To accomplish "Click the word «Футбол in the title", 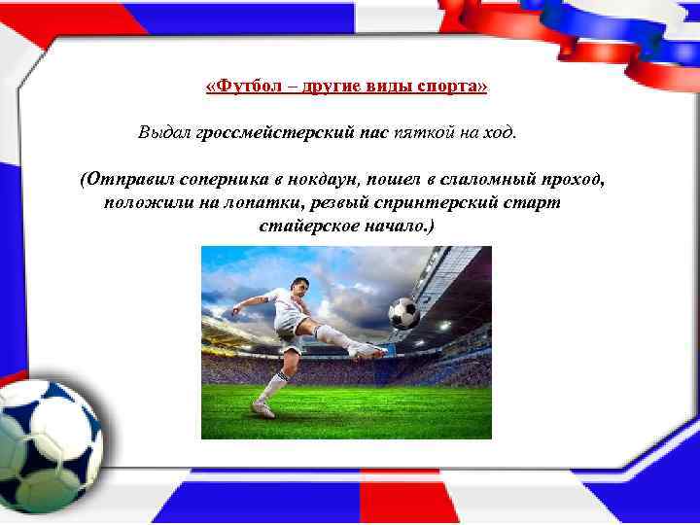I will [x=237, y=87].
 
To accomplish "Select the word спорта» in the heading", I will [x=452, y=87].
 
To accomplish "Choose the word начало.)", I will [x=402, y=226].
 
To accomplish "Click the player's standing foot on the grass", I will [x=262, y=409].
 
